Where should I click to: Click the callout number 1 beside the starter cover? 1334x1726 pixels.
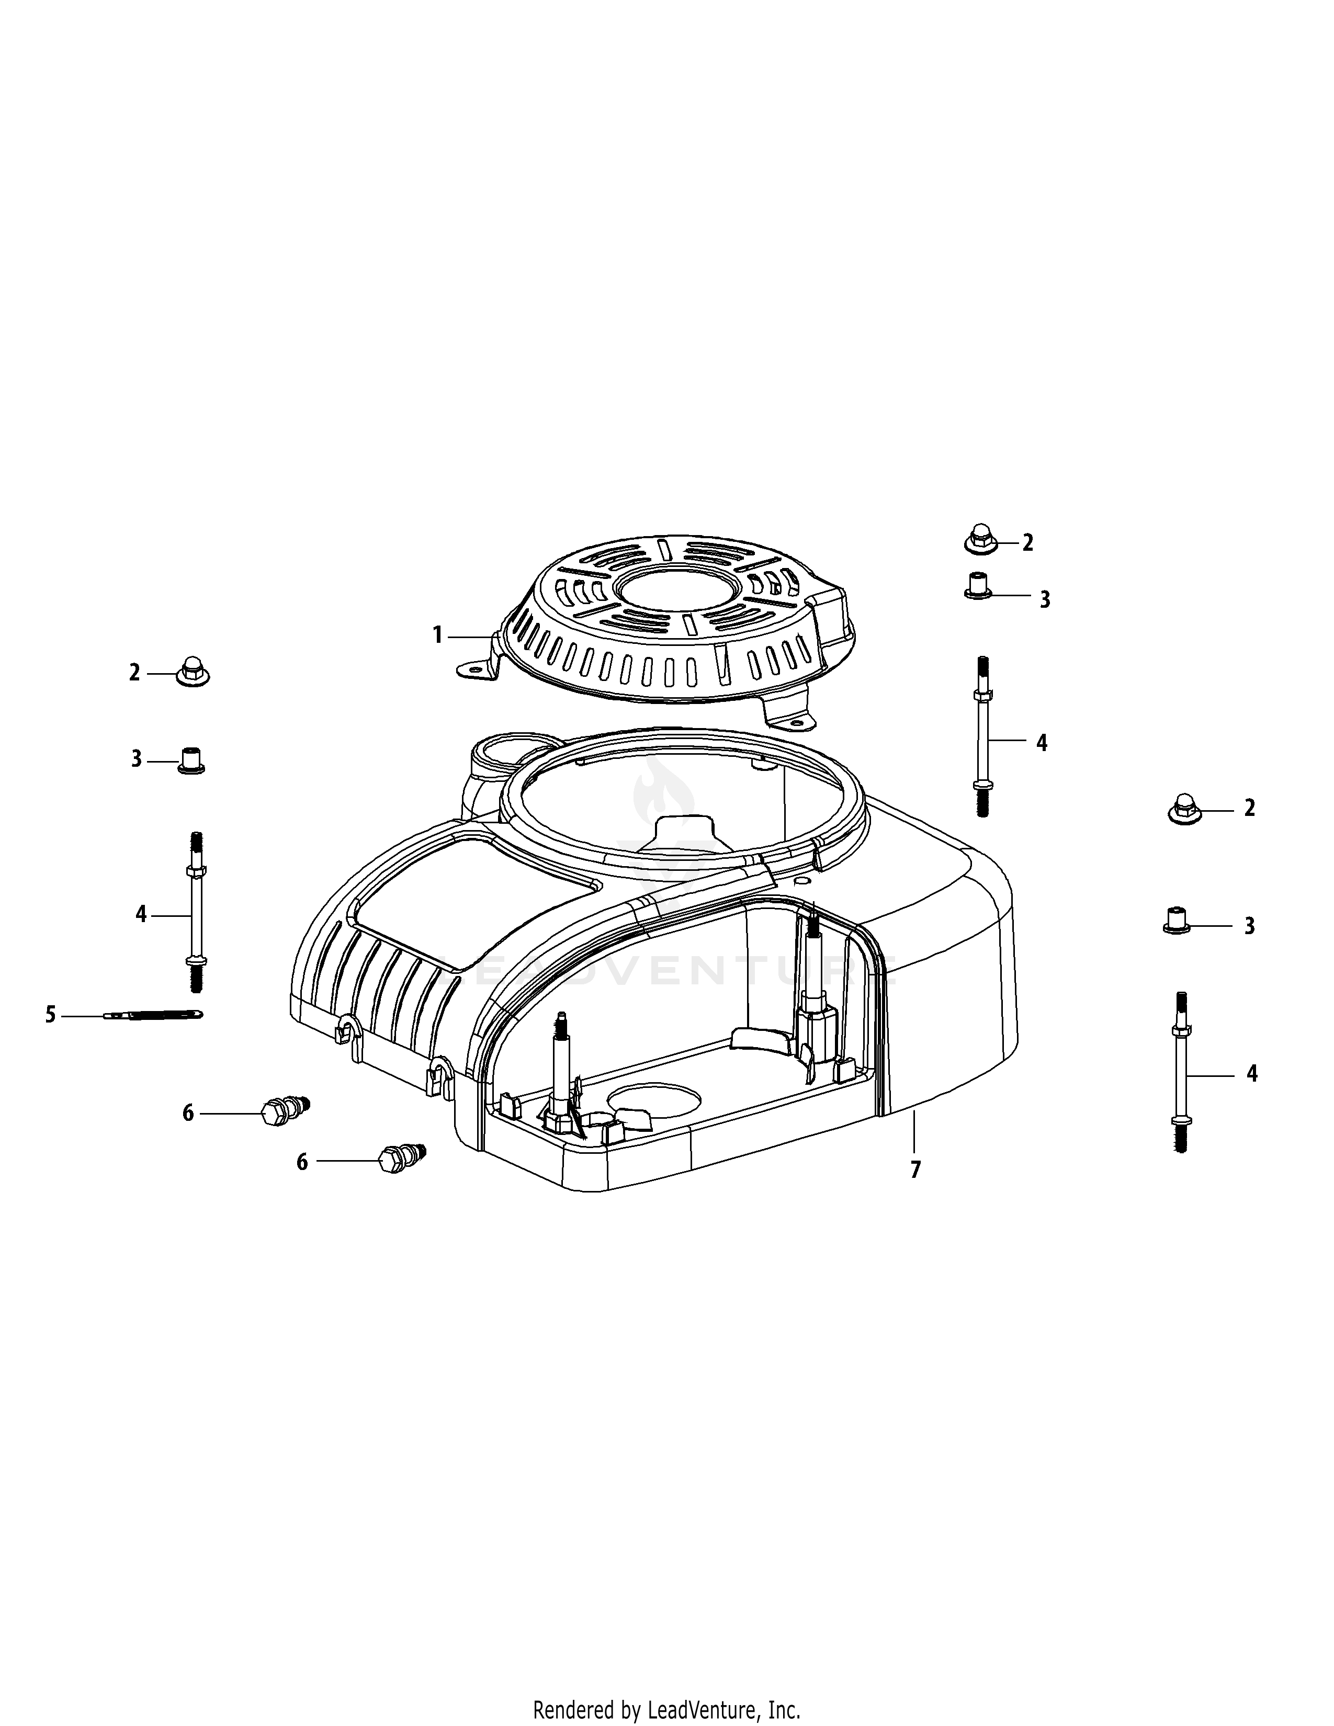click(437, 634)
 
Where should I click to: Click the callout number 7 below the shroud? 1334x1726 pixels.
click(915, 1169)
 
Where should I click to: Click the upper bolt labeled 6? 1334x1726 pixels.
click(285, 1109)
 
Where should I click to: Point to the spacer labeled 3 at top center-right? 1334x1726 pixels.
click(978, 586)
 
